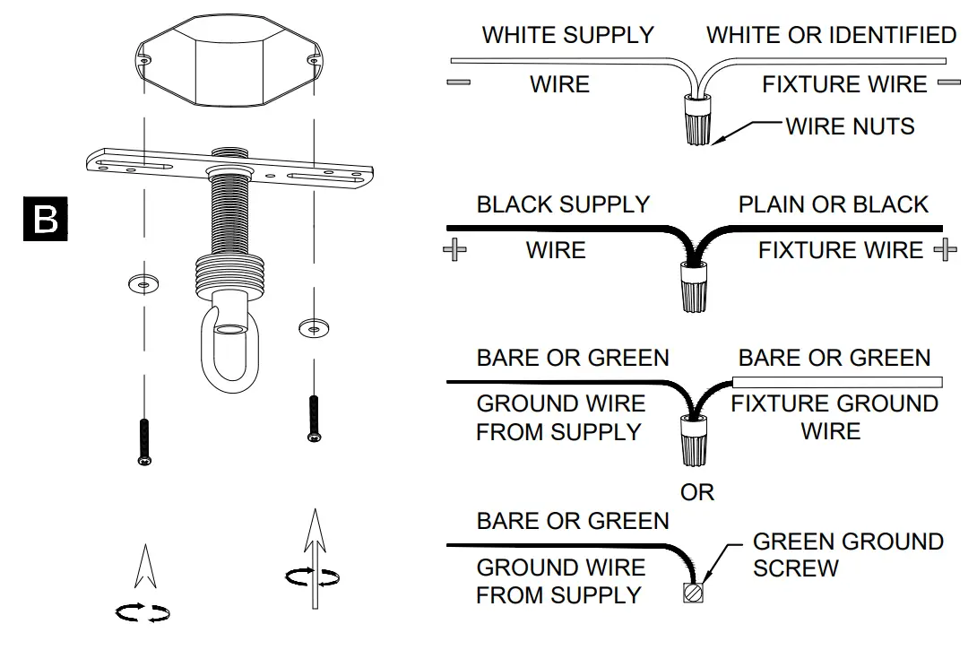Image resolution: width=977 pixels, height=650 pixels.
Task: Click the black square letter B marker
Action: (x=45, y=219)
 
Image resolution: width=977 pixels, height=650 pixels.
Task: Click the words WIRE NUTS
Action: (x=850, y=126)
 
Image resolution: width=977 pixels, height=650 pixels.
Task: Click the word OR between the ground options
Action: (x=696, y=492)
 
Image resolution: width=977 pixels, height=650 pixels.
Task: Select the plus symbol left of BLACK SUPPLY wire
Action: (x=455, y=250)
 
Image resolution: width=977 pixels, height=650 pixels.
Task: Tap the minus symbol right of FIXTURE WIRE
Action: (x=949, y=83)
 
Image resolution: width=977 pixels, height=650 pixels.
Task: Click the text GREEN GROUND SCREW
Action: (x=847, y=555)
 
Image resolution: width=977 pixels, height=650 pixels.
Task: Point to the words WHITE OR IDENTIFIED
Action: (x=831, y=36)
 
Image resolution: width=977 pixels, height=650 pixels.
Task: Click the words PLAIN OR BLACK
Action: (x=833, y=204)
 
